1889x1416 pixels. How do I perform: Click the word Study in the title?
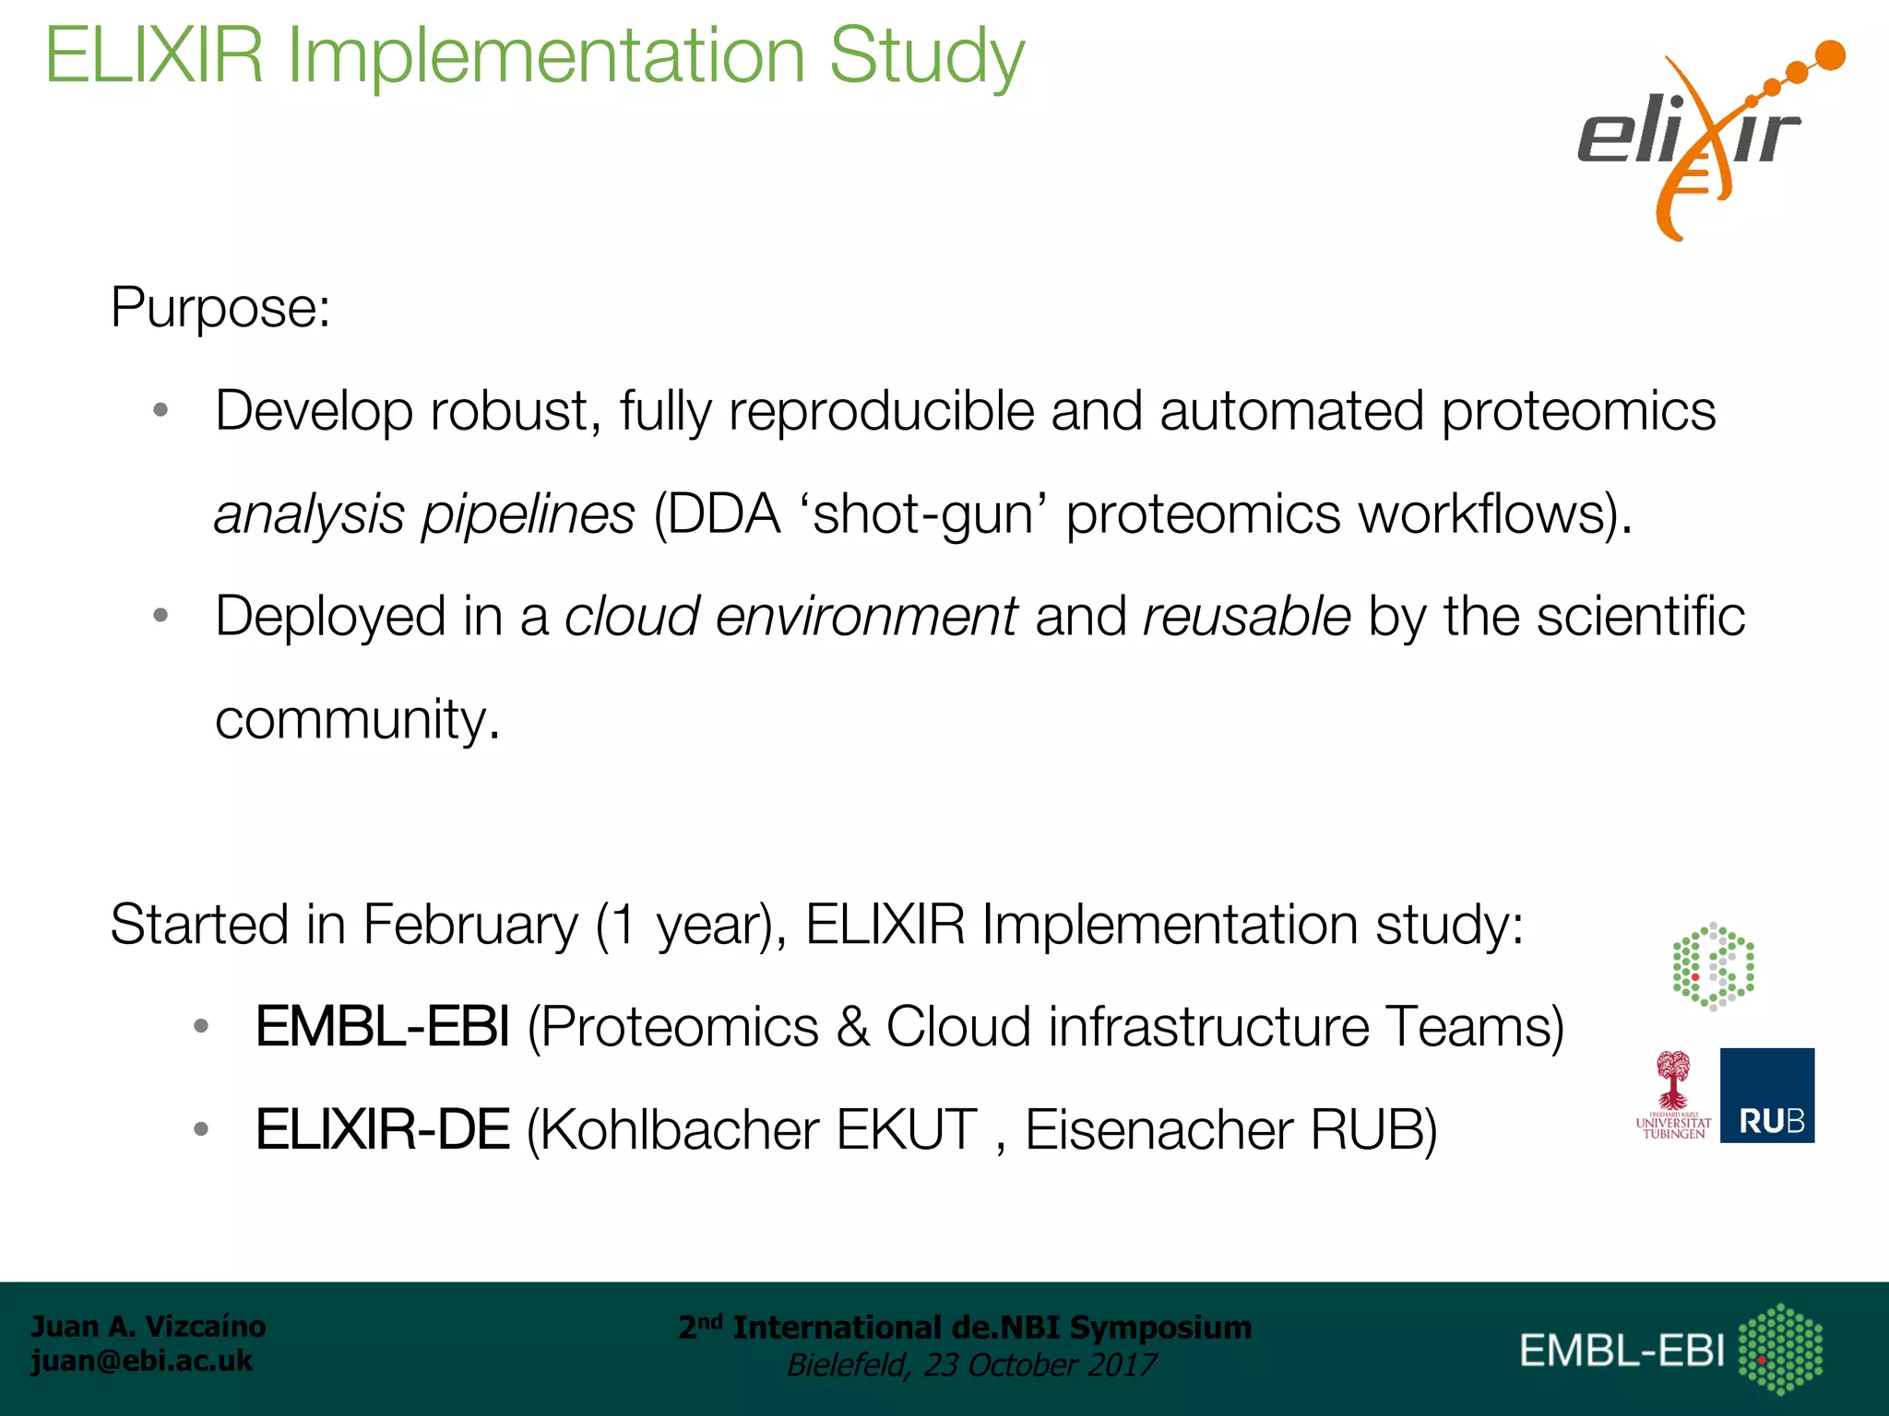coord(926,57)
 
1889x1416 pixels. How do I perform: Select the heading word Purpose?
coord(220,307)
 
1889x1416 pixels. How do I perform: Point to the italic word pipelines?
coord(529,514)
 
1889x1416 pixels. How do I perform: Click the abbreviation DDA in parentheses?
coord(724,514)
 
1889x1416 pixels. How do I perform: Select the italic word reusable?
coord(1246,617)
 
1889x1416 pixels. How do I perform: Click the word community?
coord(356,720)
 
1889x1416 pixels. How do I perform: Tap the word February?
coord(470,925)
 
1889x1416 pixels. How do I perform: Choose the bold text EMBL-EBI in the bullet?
coord(382,1027)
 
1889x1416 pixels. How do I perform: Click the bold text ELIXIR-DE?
coord(382,1130)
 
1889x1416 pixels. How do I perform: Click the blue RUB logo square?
coord(1766,1095)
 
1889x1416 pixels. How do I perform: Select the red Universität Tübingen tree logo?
coord(1672,1095)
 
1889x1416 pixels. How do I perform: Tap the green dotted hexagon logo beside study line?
coord(1713,966)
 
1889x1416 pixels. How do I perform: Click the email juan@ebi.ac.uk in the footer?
coord(141,1361)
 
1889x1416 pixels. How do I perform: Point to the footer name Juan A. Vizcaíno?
coord(148,1327)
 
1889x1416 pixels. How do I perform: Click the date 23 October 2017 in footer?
coord(1040,1365)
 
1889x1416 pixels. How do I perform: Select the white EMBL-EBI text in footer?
coord(1622,1351)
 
